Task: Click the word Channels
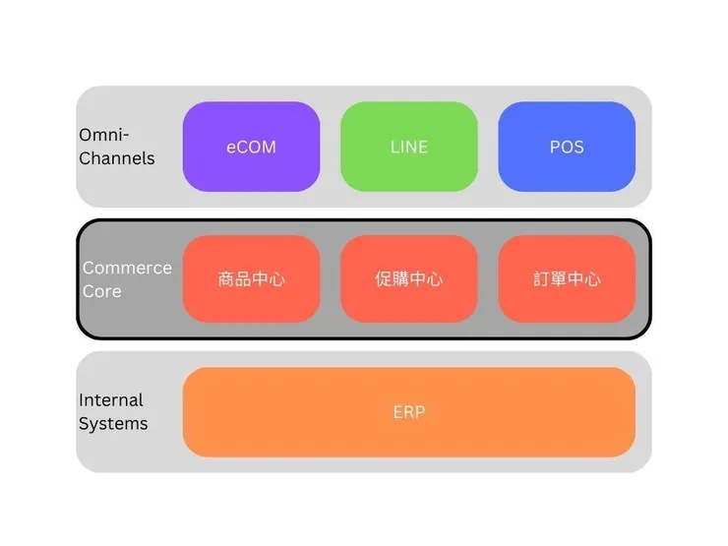point(117,157)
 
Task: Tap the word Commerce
point(127,268)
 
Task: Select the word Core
point(102,291)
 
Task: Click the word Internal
point(111,400)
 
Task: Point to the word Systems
point(113,424)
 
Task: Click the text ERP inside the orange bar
point(408,412)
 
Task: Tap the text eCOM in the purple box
point(251,147)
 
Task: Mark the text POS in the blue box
point(567,147)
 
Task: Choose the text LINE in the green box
point(408,147)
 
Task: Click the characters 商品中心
point(251,279)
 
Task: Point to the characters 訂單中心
point(567,279)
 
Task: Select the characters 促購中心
point(408,279)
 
